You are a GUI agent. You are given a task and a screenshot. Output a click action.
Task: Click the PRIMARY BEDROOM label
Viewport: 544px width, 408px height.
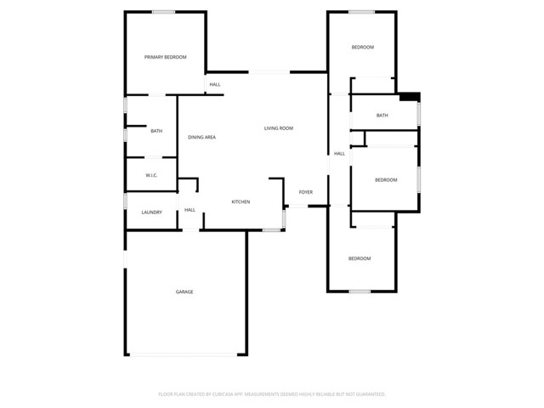pyautogui.click(x=165, y=57)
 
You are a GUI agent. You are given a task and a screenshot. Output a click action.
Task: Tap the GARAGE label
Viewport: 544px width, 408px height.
pyautogui.click(x=184, y=292)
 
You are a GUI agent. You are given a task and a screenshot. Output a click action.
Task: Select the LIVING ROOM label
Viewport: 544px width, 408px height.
pyautogui.click(x=278, y=128)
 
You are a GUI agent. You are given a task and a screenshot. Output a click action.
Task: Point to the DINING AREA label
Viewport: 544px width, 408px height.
pyautogui.click(x=201, y=137)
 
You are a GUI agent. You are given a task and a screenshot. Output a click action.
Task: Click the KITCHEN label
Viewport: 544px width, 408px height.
pyautogui.click(x=241, y=201)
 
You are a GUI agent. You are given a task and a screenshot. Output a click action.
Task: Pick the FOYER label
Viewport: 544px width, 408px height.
pyautogui.click(x=305, y=192)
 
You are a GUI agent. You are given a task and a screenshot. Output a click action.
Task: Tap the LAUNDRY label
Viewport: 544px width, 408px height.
pyautogui.click(x=151, y=212)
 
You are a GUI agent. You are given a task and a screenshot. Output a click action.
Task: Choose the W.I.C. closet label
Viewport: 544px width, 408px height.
pyautogui.click(x=151, y=175)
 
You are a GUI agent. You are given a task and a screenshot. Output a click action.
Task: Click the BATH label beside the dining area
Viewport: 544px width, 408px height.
pyautogui.click(x=156, y=131)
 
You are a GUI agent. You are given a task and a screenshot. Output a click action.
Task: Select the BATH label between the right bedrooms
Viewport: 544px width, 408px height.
pyautogui.click(x=382, y=116)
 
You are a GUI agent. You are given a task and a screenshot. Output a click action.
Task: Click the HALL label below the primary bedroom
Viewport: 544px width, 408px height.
pyautogui.click(x=215, y=84)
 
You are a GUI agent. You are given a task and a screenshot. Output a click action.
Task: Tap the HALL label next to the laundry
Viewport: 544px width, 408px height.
pyautogui.click(x=190, y=210)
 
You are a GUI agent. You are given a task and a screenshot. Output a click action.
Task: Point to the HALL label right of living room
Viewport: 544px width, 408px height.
pyautogui.click(x=339, y=154)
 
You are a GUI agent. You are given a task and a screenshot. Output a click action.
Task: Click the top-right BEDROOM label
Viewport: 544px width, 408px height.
pyautogui.click(x=363, y=47)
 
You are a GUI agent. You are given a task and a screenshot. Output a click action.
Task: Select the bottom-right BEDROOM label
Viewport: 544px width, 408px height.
pyautogui.click(x=360, y=258)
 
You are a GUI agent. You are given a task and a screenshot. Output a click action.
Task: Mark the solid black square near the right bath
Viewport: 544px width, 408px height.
pyautogui.click(x=409, y=96)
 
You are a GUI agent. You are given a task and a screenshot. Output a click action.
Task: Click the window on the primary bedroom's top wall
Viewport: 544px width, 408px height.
pyautogui.click(x=164, y=11)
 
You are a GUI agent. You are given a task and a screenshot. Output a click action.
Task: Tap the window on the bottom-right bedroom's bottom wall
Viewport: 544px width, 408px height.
pyautogui.click(x=360, y=292)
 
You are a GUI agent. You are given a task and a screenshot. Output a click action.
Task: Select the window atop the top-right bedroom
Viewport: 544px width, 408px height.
pyautogui.click(x=361, y=11)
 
